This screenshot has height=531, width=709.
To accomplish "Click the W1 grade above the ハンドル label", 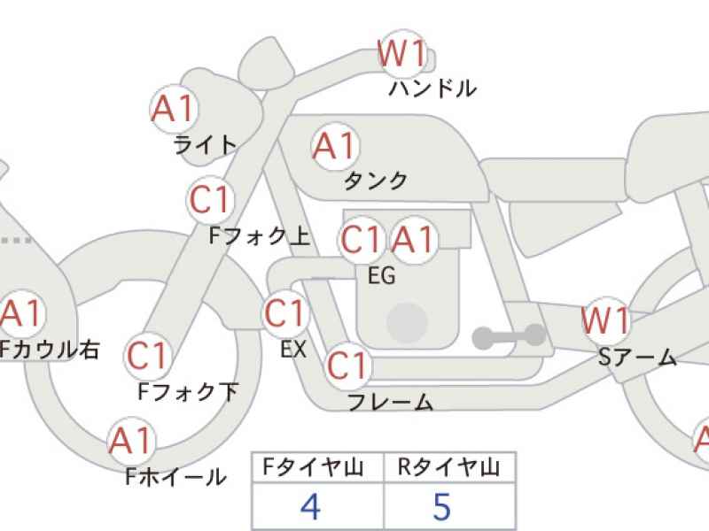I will (404, 55).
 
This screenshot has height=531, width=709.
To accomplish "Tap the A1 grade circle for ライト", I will (173, 110).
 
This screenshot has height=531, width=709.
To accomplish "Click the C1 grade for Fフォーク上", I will (210, 201).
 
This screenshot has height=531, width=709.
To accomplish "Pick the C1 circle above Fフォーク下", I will (147, 356).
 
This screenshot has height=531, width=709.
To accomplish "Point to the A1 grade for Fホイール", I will (132, 440).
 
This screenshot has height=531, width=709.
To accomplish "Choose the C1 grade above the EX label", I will (284, 313).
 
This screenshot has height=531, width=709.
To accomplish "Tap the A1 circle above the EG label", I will (414, 239).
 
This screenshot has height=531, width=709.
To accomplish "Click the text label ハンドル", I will (432, 88).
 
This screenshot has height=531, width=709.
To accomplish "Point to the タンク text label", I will (376, 181).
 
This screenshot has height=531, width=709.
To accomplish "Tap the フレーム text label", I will (390, 403).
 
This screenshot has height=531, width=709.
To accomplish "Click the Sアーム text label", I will (637, 358).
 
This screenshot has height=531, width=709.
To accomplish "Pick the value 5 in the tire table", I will (442, 507).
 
